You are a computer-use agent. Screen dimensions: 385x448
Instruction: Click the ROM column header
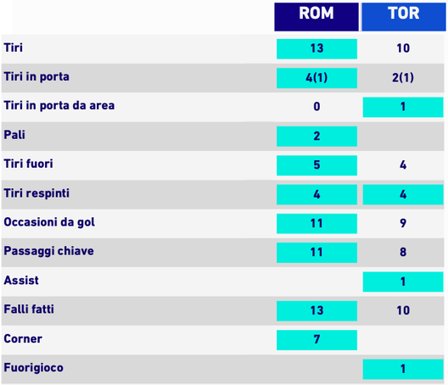coord(316,14)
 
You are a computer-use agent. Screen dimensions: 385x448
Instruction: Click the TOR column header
coord(403,14)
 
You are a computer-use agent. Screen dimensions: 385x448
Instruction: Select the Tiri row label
coord(14,47)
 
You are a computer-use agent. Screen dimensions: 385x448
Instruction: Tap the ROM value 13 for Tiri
coord(316,48)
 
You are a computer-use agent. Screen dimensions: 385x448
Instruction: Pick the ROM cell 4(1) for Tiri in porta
coord(316,78)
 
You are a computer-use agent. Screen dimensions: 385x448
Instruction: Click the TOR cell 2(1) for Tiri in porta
coord(403,78)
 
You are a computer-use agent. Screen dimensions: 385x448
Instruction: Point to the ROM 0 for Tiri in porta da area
coord(316,107)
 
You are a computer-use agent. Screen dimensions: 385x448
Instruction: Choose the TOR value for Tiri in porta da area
coord(403,107)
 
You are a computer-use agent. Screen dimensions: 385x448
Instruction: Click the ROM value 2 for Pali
coord(316,136)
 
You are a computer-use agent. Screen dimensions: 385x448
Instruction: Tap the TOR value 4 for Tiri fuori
coord(403,165)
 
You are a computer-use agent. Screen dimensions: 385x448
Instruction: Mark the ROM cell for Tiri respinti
coord(316,194)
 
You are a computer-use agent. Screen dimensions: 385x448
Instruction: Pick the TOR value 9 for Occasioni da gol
coord(403,224)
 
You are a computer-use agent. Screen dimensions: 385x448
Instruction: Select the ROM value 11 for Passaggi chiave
coord(316,253)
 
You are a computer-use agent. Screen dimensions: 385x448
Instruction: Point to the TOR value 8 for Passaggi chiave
coord(403,253)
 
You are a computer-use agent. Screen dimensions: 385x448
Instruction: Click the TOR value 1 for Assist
coord(403,282)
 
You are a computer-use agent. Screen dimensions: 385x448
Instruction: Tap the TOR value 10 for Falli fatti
coord(403,310)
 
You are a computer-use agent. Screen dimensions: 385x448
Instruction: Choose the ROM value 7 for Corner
coord(316,340)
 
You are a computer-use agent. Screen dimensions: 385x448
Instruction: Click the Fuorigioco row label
coord(33,368)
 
